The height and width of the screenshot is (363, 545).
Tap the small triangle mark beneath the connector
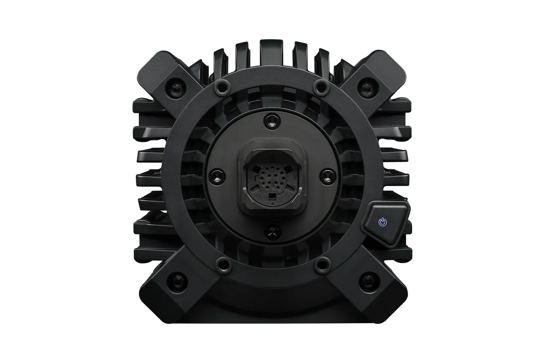[x=272, y=203]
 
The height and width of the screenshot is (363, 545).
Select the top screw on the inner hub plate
[x=272, y=121]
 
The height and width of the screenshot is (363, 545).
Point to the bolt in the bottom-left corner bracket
[x=178, y=280]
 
